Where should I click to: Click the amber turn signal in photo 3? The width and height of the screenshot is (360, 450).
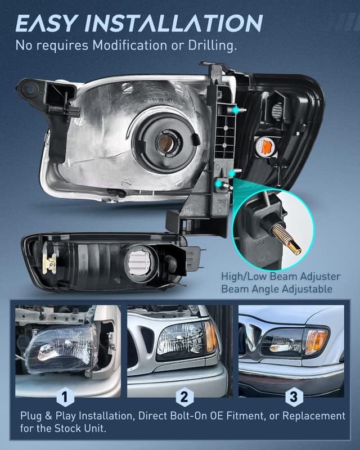[x=316, y=341]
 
